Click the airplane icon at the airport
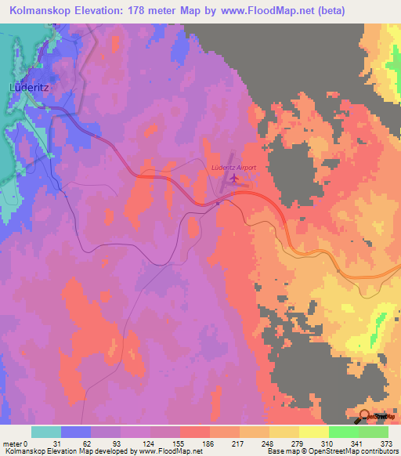tap(234, 179)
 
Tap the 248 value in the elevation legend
tap(269, 443)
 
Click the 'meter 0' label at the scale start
tap(16, 443)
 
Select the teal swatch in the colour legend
tap(46, 432)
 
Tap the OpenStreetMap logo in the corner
tap(370, 415)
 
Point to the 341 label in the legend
tap(358, 443)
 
